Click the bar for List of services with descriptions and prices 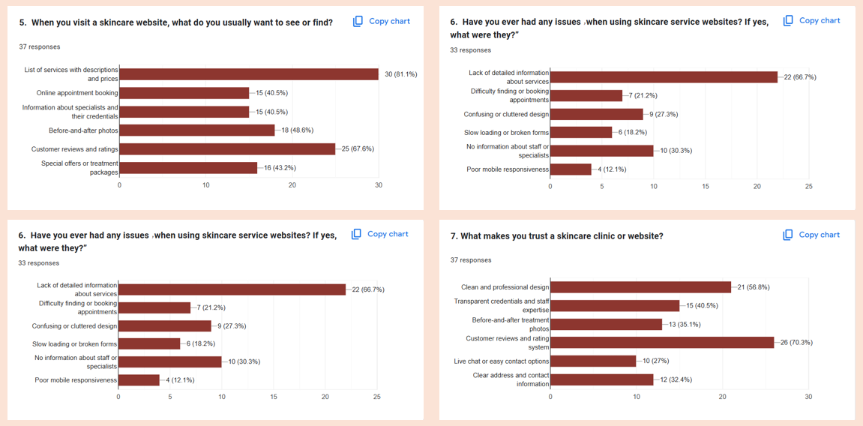[248, 74]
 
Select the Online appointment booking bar [184, 93]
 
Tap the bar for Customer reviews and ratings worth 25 [226, 149]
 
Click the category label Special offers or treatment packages [79, 168]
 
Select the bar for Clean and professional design [640, 287]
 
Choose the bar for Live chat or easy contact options [593, 361]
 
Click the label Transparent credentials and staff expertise [502, 305]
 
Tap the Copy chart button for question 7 [811, 235]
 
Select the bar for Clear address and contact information [602, 379]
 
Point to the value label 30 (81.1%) [400, 74]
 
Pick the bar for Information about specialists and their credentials [184, 112]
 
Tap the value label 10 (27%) [655, 361]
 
